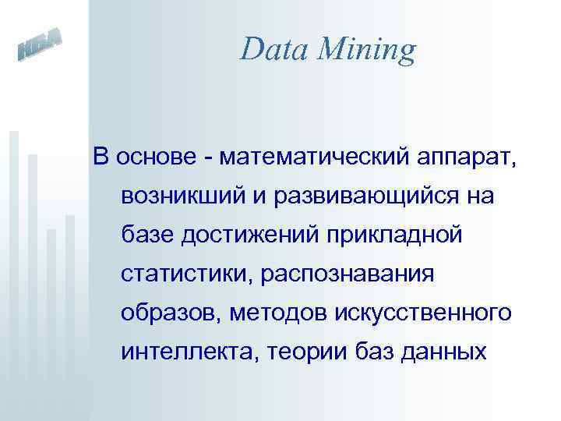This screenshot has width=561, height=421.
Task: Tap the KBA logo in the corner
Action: click(39, 48)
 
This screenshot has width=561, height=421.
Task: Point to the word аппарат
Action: click(467, 157)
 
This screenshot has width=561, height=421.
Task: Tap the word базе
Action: click(148, 234)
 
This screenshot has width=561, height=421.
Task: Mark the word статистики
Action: click(188, 274)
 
